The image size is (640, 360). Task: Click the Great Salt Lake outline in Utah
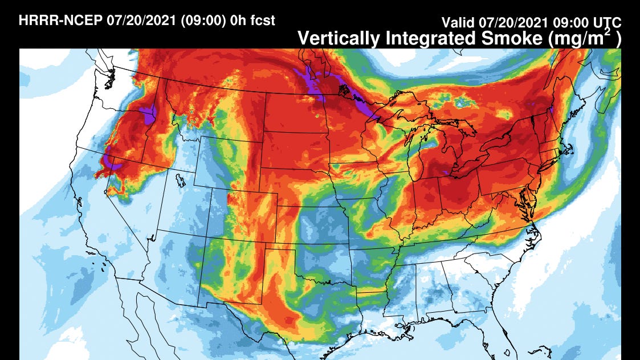[x=181, y=181]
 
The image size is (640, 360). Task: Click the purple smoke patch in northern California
[x=112, y=162]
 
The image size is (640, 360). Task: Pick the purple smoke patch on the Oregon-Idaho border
[x=150, y=114]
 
